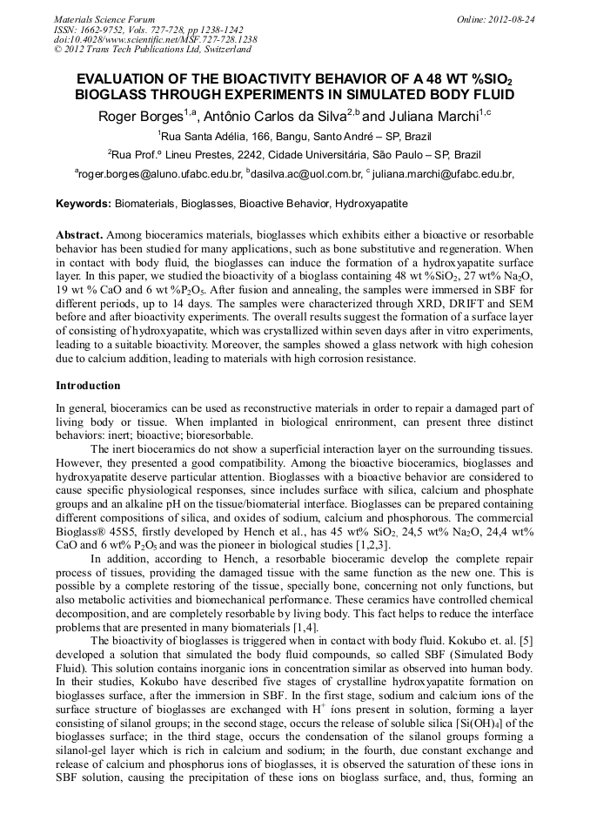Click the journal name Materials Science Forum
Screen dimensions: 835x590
(104, 19)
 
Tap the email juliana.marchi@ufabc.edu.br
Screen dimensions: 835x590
(443, 174)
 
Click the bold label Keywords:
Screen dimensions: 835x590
(84, 204)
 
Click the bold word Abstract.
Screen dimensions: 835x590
(79, 236)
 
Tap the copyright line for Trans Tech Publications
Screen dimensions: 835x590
(152, 51)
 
